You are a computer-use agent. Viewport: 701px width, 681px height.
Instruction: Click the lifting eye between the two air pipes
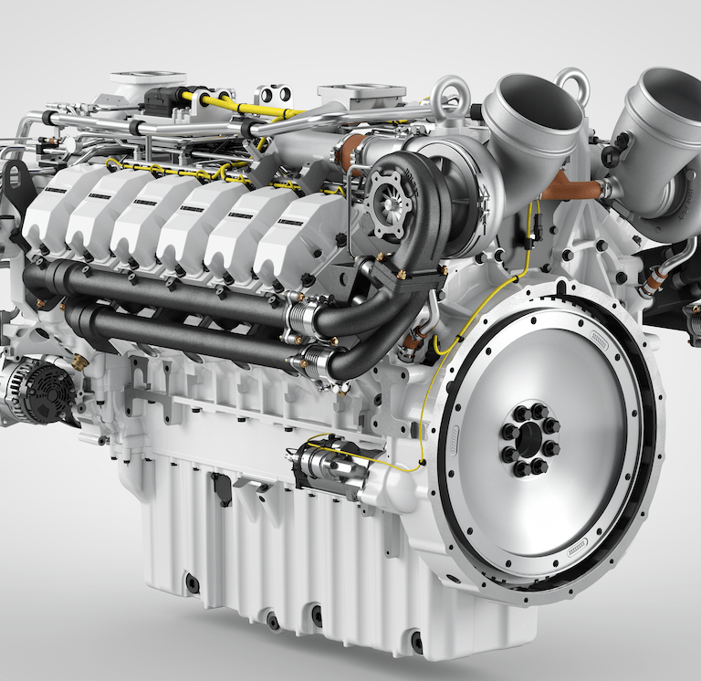pyautogui.click(x=572, y=84)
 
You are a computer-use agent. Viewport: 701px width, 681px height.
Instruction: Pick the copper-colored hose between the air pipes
pyautogui.click(x=574, y=189)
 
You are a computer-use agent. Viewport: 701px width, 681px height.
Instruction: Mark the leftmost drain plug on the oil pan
pyautogui.click(x=192, y=582)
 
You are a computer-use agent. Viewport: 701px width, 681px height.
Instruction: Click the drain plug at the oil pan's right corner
pyautogui.click(x=416, y=643)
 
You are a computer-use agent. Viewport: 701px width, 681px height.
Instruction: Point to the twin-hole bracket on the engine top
pyautogui.click(x=274, y=94)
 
